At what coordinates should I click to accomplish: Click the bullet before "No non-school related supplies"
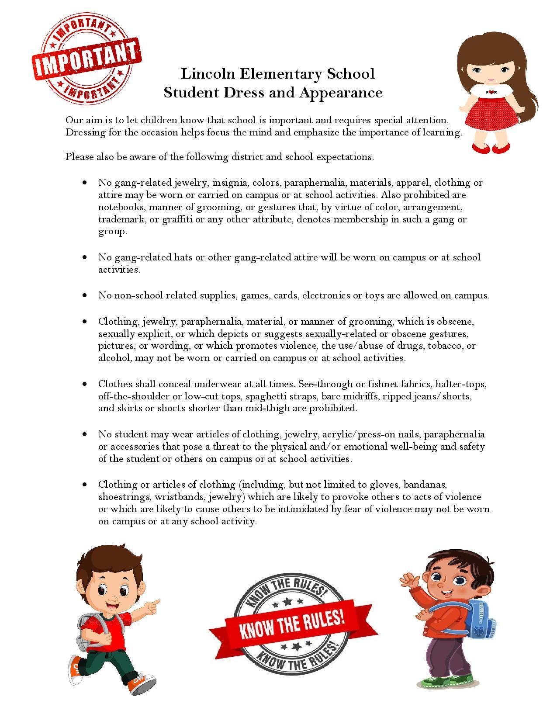click(85, 296)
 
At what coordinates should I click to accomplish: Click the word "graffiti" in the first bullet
click(177, 219)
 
